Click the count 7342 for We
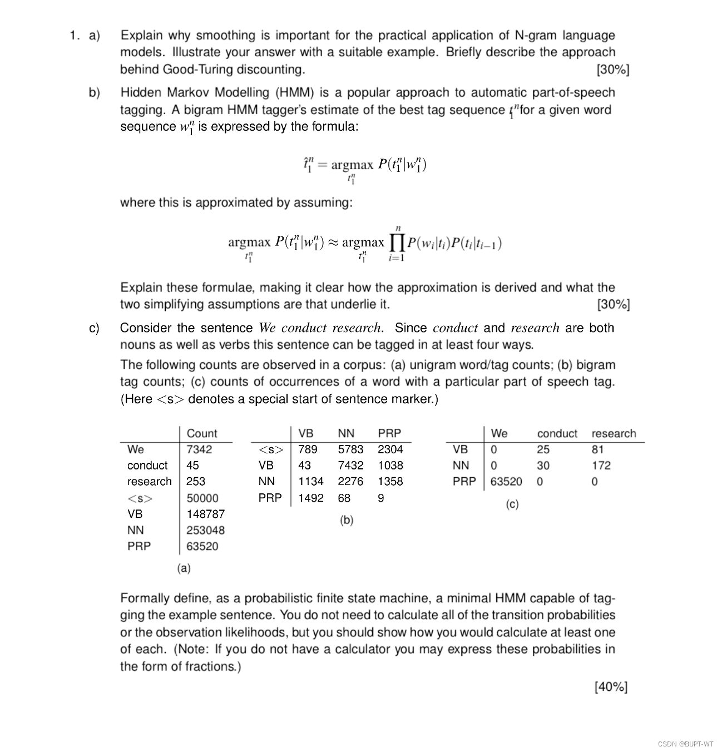199,449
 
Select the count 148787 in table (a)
205,514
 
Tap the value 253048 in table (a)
205,530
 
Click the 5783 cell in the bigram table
350,449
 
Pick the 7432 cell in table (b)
350,466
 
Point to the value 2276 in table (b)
350,482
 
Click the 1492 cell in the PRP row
310,498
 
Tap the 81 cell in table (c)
597,449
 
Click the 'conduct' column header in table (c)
557,433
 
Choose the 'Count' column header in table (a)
202,433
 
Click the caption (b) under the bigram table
347,520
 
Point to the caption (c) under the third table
512,504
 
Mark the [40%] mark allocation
611,687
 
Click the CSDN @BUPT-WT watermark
685,744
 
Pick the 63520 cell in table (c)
506,482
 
